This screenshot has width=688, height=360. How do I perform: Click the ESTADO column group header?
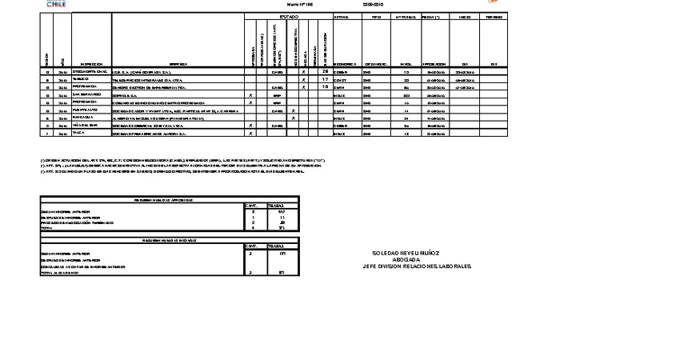click(x=288, y=17)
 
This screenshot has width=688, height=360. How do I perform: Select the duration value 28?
click(x=325, y=72)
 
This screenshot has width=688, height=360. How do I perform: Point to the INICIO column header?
click(x=464, y=17)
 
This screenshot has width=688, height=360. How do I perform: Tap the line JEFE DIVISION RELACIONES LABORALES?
click(x=416, y=266)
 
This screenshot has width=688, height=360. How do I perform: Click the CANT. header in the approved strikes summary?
click(x=253, y=206)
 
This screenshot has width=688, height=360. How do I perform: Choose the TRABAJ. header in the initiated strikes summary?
click(x=276, y=246)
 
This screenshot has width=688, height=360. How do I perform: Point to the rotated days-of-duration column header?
click(x=325, y=44)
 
